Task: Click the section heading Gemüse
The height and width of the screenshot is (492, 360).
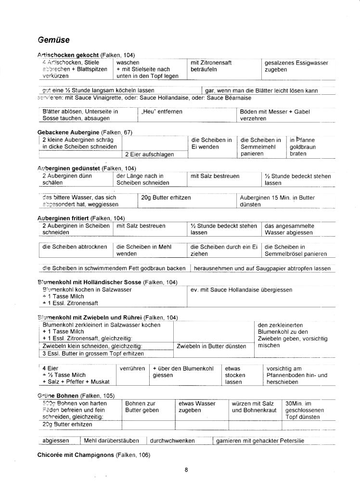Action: coord(53,39)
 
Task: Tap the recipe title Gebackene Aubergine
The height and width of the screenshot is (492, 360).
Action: coord(68,132)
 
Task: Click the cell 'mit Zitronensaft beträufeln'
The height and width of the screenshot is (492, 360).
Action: coord(211,66)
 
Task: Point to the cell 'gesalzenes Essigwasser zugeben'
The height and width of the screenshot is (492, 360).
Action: coord(296,66)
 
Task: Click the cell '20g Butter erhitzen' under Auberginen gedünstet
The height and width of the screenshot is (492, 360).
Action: coord(166,197)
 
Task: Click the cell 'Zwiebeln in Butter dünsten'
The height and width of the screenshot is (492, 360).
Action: coord(212,346)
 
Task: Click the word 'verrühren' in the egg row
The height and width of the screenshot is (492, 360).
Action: coord(132,368)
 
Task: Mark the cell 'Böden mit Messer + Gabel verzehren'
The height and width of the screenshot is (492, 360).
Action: coord(274,115)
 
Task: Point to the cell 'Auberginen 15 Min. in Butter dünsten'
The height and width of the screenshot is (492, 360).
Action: coord(277,201)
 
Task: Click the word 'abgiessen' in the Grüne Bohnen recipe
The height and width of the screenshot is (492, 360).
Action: coord(54,441)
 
